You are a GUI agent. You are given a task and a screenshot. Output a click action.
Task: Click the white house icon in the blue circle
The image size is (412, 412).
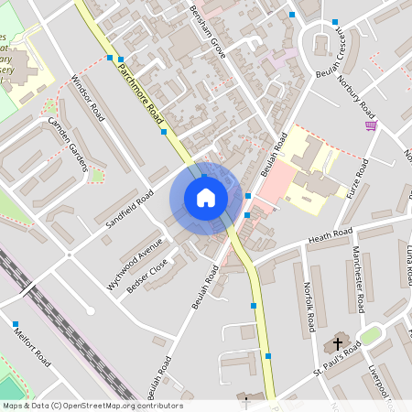205,198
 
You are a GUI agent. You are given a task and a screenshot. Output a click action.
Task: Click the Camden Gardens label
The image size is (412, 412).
67,143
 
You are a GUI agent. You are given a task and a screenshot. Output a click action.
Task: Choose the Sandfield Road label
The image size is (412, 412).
130,212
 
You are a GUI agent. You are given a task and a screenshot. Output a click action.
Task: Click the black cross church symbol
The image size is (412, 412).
338,345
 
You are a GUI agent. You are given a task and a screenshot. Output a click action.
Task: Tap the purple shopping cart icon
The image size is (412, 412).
371,125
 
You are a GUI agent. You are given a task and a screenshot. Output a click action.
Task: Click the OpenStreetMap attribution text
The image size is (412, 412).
92,406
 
